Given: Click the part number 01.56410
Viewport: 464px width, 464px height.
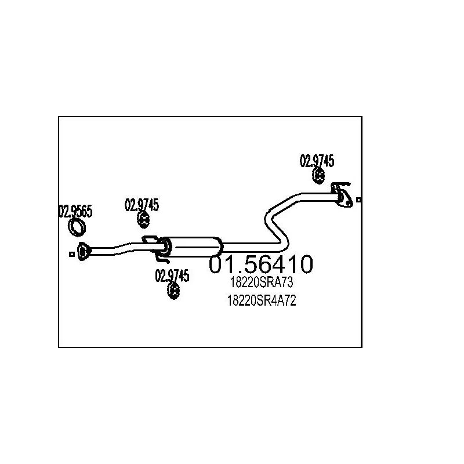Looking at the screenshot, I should tap(261, 265).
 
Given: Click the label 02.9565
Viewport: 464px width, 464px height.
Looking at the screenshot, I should tap(75, 212).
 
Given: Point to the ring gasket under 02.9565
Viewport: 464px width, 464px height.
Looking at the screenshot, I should tap(75, 228).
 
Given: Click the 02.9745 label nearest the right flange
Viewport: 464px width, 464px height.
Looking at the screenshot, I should tap(317, 161).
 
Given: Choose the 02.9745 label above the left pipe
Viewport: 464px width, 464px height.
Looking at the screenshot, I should tap(142, 204).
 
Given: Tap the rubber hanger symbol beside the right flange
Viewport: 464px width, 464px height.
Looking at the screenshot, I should tap(318, 175).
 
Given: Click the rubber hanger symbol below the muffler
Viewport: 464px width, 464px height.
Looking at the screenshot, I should tap(173, 291).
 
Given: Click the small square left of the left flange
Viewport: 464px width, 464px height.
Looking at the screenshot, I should tap(71, 253).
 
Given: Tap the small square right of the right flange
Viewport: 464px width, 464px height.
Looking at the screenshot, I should tap(359, 200).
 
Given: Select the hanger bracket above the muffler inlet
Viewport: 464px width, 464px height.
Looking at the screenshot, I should tap(150, 240).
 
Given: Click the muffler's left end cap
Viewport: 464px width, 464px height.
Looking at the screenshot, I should tap(167, 248).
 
